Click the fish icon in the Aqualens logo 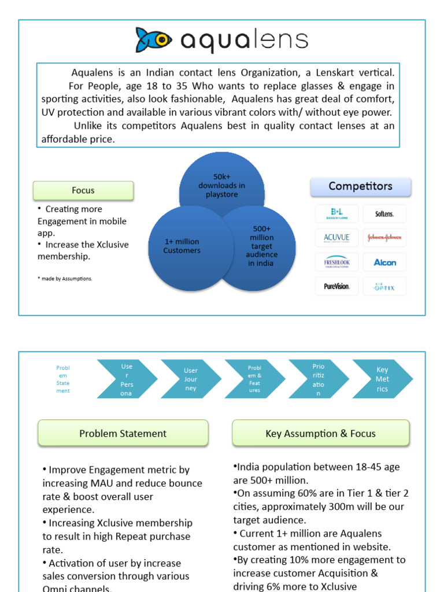pyautogui.click(x=154, y=40)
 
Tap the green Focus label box pyautogui.click(x=83, y=190)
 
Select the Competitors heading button pyautogui.click(x=361, y=186)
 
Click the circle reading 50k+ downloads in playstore pyautogui.click(x=221, y=184)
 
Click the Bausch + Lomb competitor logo pyautogui.click(x=337, y=213)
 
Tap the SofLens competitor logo pyautogui.click(x=384, y=213)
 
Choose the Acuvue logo pyautogui.click(x=337, y=238)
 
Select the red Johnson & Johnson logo pyautogui.click(x=384, y=238)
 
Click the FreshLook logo pyautogui.click(x=337, y=262)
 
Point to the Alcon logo pyautogui.click(x=384, y=262)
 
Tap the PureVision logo pyautogui.click(x=337, y=286)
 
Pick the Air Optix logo pyautogui.click(x=384, y=286)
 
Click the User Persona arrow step pyautogui.click(x=127, y=379)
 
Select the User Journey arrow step pyautogui.click(x=191, y=379)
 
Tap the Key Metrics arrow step pyautogui.click(x=382, y=379)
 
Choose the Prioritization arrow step pyautogui.click(x=319, y=379)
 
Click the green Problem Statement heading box pyautogui.click(x=123, y=433)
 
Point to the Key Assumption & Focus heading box pyautogui.click(x=320, y=433)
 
